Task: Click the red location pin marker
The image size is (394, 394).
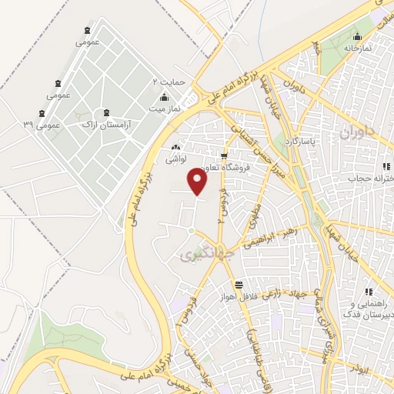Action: (x=199, y=182)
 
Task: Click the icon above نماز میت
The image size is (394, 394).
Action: (x=164, y=98)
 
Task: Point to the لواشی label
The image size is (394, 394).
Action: (x=175, y=160)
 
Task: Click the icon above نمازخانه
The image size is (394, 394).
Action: (x=357, y=36)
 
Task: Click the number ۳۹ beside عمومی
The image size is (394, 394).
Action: (x=28, y=123)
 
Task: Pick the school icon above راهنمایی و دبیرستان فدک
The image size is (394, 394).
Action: (x=369, y=292)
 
